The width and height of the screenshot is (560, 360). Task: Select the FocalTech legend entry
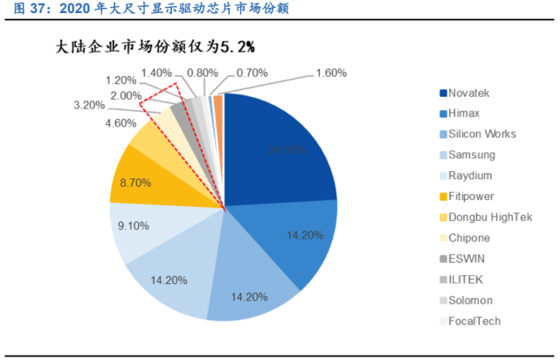[x=475, y=321]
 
